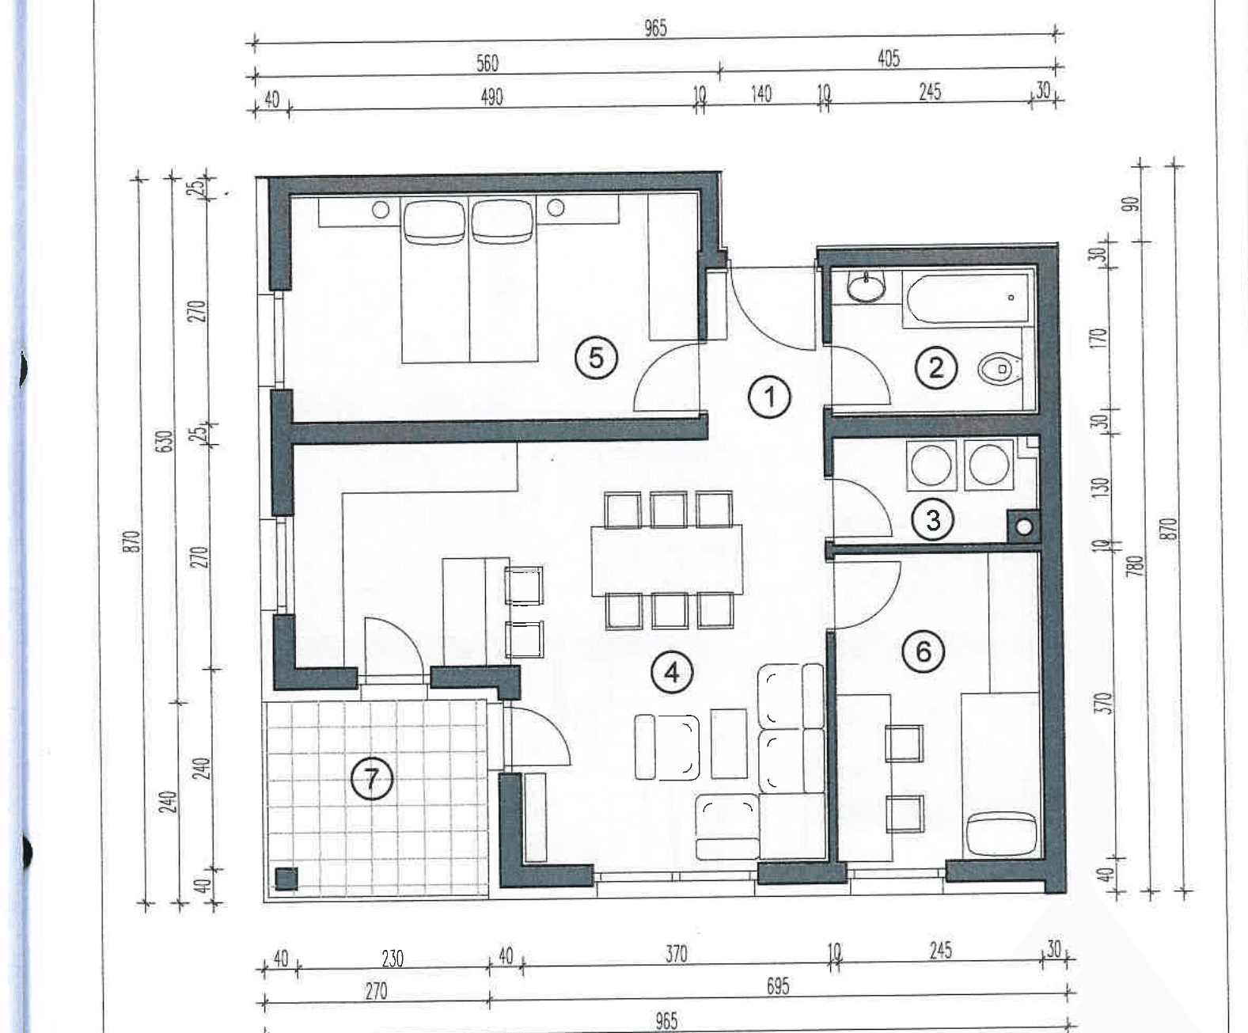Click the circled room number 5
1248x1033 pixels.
(596, 358)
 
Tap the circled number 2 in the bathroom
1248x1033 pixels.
(936, 367)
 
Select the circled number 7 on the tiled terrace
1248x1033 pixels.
(372, 779)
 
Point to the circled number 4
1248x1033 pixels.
(672, 673)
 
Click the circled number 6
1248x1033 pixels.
(924, 651)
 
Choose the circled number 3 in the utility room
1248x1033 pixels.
(933, 520)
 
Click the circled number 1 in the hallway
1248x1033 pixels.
(769, 397)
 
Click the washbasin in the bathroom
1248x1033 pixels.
(866, 287)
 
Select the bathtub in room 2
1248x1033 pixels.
(969, 299)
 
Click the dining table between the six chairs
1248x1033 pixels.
(667, 560)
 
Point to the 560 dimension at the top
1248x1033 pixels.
(487, 63)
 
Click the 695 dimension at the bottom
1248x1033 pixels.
(778, 986)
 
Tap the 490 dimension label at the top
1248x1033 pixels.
(492, 97)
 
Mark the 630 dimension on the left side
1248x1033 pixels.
(165, 441)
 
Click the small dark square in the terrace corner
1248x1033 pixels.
(286, 879)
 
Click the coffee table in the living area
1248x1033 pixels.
(729, 743)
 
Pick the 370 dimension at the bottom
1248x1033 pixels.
(677, 954)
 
